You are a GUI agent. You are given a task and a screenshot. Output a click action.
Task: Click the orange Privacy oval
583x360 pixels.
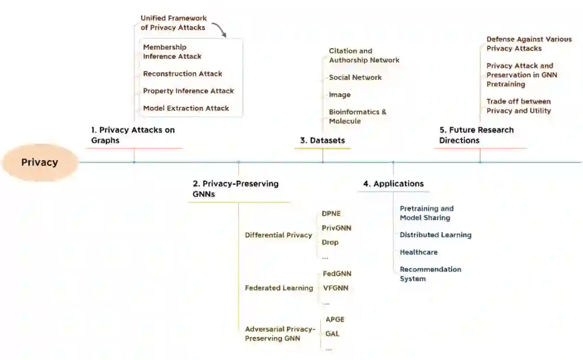(40, 162)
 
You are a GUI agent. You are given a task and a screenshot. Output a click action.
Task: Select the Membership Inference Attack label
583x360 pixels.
(172, 52)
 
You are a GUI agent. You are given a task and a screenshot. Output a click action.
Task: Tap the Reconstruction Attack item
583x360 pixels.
(182, 74)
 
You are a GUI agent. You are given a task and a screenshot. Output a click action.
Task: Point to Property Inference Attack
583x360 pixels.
(188, 91)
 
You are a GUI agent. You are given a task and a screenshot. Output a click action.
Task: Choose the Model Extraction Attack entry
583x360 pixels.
(186, 108)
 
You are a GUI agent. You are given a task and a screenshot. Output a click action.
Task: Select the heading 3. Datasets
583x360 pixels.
(322, 140)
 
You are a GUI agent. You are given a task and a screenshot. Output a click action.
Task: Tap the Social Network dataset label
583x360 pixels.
(355, 78)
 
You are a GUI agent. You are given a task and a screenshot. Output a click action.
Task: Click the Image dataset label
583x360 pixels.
(340, 95)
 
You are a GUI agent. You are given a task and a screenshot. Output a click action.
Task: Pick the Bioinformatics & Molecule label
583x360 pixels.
(357, 117)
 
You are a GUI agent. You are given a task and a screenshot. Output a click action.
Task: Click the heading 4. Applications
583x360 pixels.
(393, 184)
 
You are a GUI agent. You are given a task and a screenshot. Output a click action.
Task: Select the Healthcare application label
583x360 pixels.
(418, 253)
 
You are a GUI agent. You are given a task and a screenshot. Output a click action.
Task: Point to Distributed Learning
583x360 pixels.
(435, 235)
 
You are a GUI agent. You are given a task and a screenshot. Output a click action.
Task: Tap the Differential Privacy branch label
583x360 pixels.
(278, 235)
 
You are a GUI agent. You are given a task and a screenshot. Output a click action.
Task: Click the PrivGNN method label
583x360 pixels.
(336, 228)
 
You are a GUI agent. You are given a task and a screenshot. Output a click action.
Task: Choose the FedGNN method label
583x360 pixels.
(337, 274)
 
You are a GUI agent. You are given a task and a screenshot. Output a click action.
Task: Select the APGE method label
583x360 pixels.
(335, 320)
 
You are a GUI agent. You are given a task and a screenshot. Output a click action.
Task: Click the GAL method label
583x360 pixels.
(333, 334)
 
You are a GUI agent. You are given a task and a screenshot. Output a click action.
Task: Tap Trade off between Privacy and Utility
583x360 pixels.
(518, 106)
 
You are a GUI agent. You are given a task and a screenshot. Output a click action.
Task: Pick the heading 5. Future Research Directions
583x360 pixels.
(476, 135)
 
